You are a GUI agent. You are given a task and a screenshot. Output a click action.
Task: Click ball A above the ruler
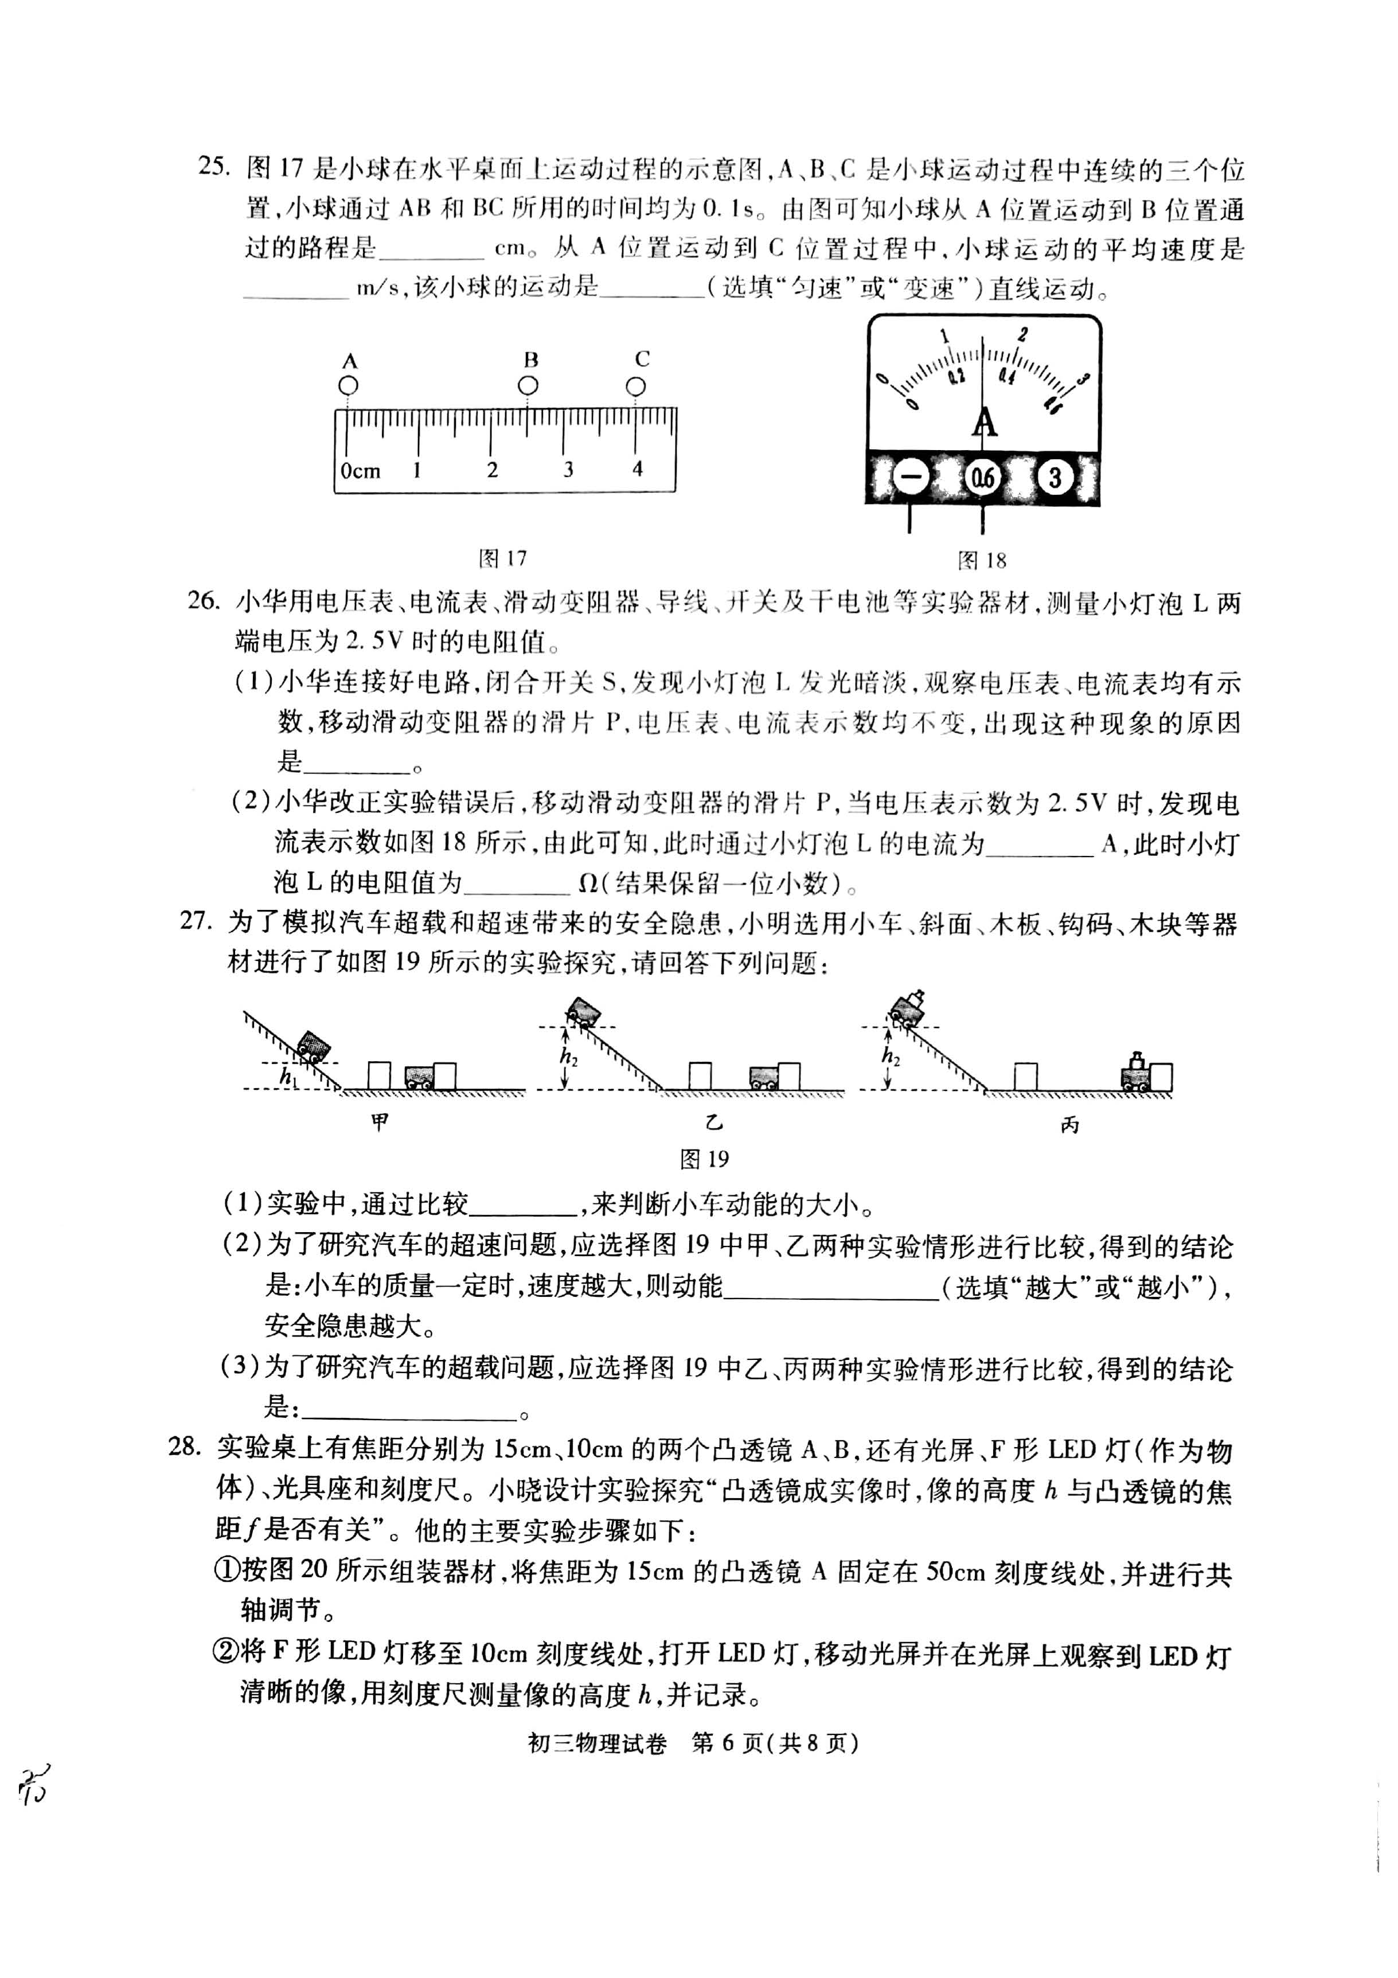(x=349, y=385)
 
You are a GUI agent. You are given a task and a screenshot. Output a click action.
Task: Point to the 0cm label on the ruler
(x=360, y=470)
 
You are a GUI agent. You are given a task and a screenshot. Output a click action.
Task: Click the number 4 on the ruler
(x=638, y=468)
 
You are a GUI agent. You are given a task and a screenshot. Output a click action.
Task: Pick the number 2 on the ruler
(x=492, y=470)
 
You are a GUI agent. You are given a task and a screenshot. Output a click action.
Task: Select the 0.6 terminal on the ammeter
(x=983, y=477)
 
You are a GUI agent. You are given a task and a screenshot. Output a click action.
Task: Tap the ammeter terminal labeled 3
(x=1055, y=476)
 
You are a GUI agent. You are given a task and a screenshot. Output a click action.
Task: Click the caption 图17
(x=502, y=558)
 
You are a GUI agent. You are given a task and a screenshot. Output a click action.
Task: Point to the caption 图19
(x=705, y=1159)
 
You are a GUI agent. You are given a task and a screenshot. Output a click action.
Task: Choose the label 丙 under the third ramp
(x=1069, y=1124)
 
